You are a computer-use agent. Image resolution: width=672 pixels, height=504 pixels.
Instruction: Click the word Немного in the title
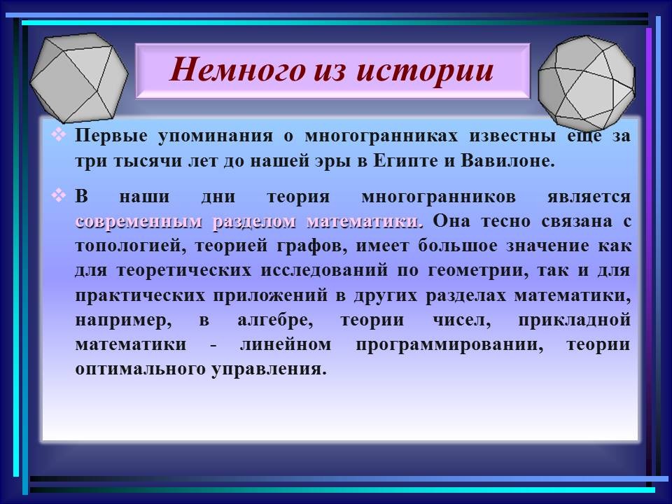pyautogui.click(x=237, y=70)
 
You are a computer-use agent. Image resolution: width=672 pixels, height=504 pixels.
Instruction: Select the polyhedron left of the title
pyautogui.click(x=79, y=78)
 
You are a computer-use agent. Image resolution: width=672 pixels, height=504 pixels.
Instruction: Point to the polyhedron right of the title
pyautogui.click(x=587, y=83)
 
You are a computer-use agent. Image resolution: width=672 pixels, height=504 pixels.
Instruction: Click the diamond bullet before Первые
pyautogui.click(x=59, y=135)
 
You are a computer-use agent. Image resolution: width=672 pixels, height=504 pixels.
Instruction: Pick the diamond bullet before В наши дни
pyautogui.click(x=59, y=196)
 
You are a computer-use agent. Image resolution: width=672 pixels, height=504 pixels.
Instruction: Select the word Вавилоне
pyautogui.click(x=508, y=161)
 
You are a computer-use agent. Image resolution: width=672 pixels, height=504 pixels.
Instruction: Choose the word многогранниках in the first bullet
pyautogui.click(x=381, y=136)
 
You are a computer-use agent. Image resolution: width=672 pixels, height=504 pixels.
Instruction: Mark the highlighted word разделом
pyautogui.click(x=254, y=223)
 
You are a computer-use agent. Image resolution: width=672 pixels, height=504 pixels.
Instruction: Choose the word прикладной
pyautogui.click(x=574, y=320)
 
